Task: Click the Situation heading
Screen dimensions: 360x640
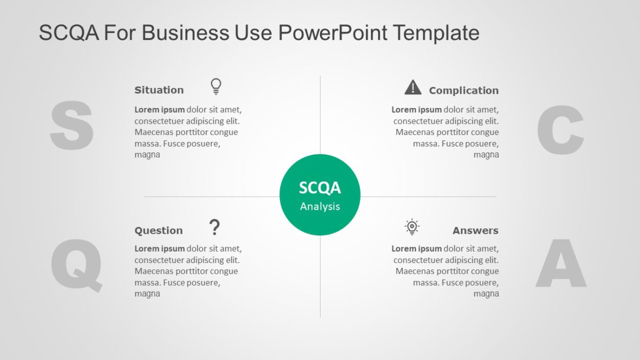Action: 159,90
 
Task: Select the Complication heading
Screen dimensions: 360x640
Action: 464,91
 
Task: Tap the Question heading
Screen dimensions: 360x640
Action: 158,230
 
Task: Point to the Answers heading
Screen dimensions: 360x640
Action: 475,230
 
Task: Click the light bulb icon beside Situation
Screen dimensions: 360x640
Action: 216,86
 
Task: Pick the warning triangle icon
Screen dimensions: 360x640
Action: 413,87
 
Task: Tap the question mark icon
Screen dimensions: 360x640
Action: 215,227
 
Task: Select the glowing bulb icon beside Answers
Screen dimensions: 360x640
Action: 412,227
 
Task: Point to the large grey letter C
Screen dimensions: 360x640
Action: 560,130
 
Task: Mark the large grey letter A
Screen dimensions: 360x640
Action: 561,263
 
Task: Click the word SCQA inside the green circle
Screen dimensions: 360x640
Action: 320,188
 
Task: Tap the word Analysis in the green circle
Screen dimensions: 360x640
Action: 320,207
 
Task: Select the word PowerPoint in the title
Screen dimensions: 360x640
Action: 333,33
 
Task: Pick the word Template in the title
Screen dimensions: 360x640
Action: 436,33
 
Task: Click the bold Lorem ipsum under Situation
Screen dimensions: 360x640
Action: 159,110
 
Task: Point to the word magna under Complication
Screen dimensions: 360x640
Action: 486,155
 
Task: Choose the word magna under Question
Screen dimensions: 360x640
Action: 147,294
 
